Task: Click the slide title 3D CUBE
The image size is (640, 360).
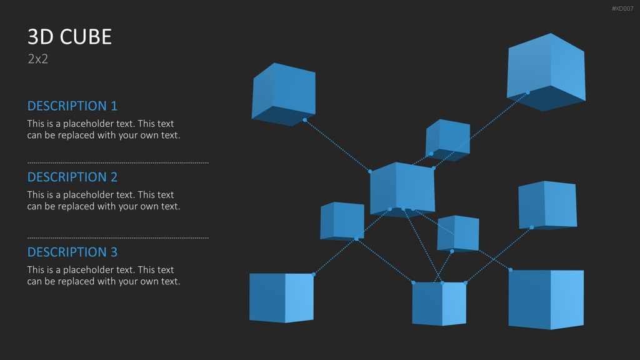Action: point(69,37)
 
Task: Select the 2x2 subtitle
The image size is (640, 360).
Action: point(38,59)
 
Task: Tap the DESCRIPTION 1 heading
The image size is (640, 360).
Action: point(72,106)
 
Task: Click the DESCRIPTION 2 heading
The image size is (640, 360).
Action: point(72,177)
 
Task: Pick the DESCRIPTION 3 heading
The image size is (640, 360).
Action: point(72,252)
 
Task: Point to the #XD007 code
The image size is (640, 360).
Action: point(622,9)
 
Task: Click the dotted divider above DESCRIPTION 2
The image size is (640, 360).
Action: point(118,162)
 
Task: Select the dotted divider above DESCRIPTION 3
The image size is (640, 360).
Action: point(118,237)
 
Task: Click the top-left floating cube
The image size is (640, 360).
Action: point(284,94)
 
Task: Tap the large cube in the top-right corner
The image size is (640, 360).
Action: point(546,72)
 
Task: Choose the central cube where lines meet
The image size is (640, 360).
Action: point(402,190)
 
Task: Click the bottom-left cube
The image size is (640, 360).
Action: point(282,298)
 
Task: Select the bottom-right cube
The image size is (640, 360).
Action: point(546,299)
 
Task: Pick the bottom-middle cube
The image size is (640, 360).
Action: point(439,304)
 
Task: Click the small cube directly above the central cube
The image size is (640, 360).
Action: point(447,140)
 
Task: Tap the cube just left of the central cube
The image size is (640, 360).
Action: point(342,221)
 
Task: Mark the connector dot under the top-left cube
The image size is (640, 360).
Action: point(305,120)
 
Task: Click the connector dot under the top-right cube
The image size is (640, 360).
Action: point(527,92)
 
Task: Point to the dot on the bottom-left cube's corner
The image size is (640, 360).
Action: point(314,274)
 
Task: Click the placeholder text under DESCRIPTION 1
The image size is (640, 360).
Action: point(104,129)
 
